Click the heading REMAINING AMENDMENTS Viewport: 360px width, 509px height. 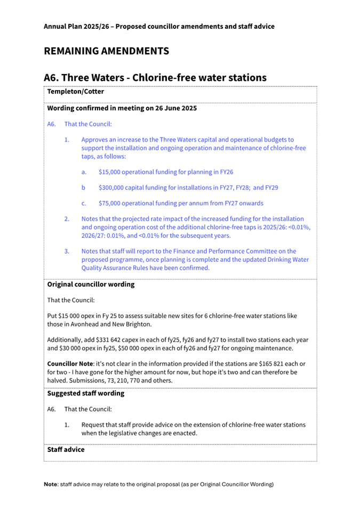pyautogui.click(x=106, y=51)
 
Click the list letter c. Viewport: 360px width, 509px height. pyautogui.click(x=83, y=203)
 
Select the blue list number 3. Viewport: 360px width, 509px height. pyautogui.click(x=67, y=251)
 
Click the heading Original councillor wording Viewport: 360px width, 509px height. pyautogui.click(x=91, y=285)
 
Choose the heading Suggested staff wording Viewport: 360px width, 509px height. pyautogui.click(x=86, y=393)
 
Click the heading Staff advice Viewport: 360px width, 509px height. pyautogui.click(x=66, y=450)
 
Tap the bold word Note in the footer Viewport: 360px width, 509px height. pyautogui.click(x=51, y=484)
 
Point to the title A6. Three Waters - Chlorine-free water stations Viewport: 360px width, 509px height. pyautogui.click(x=155, y=77)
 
